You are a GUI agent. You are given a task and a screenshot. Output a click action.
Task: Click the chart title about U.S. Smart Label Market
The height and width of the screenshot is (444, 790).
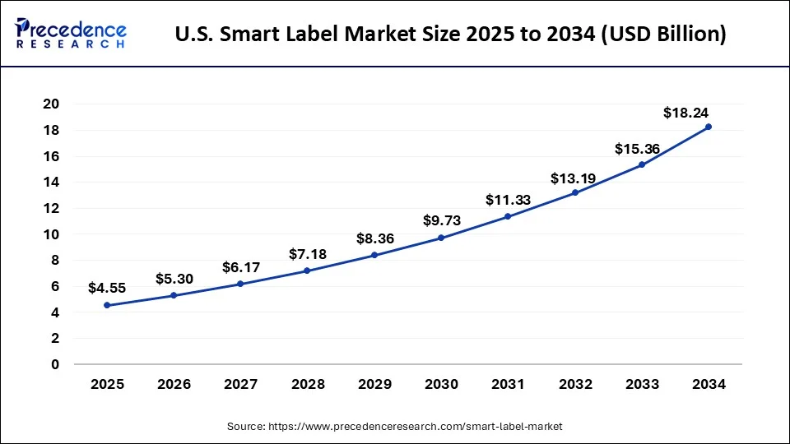click(450, 35)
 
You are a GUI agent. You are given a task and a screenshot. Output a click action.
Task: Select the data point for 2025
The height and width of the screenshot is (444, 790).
click(107, 305)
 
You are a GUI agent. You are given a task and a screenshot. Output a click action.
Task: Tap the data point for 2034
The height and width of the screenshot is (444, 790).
click(709, 127)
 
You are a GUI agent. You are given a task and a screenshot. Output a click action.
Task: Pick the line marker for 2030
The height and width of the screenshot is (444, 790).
click(441, 238)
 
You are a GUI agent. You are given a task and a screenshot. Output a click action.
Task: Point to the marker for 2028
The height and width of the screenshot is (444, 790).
click(308, 271)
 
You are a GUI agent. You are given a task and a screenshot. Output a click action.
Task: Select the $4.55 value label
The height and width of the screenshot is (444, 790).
click(107, 289)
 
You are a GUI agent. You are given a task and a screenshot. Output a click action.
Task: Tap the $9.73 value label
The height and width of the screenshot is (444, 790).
click(441, 220)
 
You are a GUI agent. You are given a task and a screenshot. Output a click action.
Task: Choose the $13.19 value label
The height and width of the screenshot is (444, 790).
click(574, 178)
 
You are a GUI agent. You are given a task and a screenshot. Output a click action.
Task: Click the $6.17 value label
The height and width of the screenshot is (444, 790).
click(241, 267)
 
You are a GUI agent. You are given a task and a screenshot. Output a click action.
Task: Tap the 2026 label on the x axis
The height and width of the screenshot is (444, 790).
click(174, 384)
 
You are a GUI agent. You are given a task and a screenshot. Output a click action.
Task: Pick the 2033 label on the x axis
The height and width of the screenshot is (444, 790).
click(642, 384)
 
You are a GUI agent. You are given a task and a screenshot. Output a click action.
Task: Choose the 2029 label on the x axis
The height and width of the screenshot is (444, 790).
click(374, 384)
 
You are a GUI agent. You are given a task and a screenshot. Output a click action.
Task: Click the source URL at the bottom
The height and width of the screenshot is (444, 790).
click(394, 426)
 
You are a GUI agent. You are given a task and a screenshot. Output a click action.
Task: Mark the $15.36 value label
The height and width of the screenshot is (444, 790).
click(637, 149)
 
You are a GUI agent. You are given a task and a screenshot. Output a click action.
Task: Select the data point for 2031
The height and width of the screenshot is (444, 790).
click(508, 216)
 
